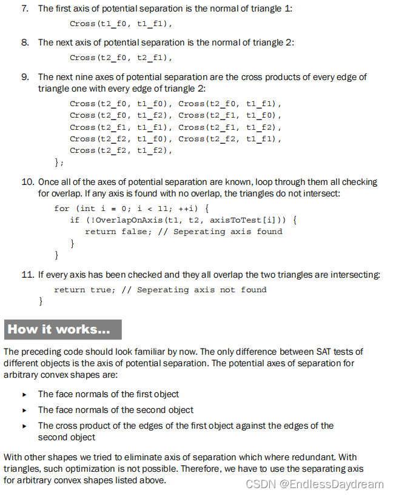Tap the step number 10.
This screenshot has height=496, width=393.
[x=27, y=182]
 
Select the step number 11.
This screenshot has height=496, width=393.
[x=27, y=275]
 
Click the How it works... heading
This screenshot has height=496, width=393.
[x=59, y=329]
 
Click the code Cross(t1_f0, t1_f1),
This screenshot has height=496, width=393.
[x=121, y=24]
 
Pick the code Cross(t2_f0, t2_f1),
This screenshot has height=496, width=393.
[x=121, y=58]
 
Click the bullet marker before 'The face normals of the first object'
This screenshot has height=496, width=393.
[x=24, y=394]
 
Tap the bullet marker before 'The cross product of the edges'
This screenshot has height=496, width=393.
[x=24, y=426]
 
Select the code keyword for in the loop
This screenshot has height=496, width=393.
[x=62, y=208]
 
